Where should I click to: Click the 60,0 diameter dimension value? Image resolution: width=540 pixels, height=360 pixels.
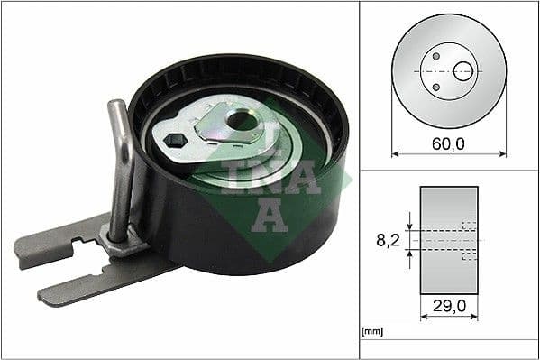click(447, 143)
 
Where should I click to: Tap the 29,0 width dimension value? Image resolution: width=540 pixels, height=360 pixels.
click(449, 307)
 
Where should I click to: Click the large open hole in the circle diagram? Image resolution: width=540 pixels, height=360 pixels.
click(462, 70)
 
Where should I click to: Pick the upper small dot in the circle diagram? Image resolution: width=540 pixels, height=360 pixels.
click(435, 56)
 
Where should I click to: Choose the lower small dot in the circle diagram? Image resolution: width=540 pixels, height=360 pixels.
click(435, 87)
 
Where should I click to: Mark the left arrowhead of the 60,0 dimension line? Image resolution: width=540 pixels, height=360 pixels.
click(396, 153)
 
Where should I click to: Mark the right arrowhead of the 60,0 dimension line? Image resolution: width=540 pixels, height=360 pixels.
click(502, 153)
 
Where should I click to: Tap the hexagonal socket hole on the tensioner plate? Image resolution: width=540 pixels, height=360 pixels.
click(175, 140)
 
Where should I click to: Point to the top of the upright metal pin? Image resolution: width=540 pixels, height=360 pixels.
click(115, 106)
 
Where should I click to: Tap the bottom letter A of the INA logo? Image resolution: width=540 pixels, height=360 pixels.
click(268, 214)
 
